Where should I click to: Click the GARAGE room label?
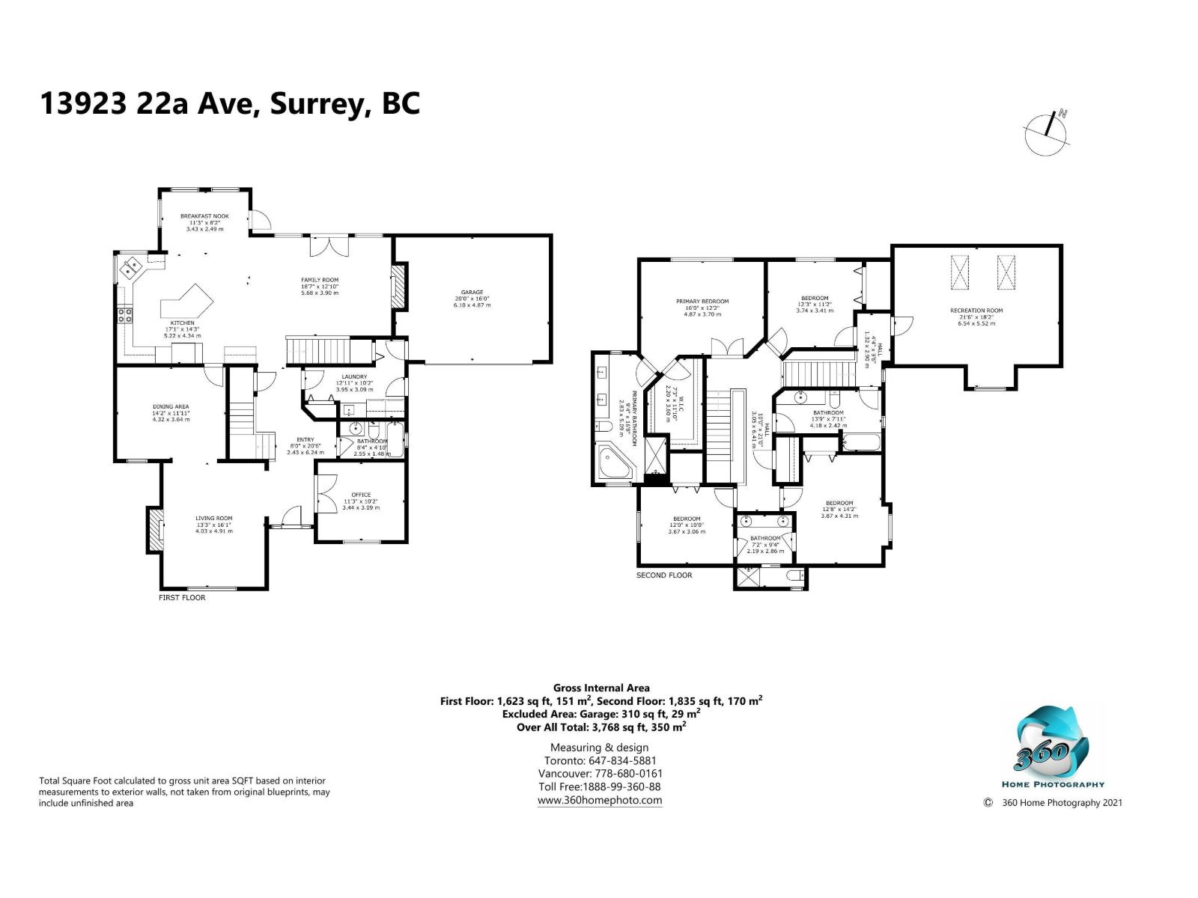[x=472, y=293]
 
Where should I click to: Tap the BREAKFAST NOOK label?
[x=204, y=216]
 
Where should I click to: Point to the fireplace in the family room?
[x=399, y=285]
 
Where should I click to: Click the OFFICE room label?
[x=362, y=495]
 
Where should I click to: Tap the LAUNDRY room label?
[x=353, y=376]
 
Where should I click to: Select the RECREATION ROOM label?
[x=976, y=310]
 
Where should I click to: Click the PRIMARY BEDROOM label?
[x=702, y=302]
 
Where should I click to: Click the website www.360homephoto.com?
[x=599, y=800]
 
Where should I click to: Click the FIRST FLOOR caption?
[x=182, y=598]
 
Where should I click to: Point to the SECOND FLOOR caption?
[x=664, y=575]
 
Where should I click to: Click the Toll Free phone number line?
[x=599, y=786]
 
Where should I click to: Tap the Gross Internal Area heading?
[x=601, y=688]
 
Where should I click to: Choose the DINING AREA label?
[x=171, y=407]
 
